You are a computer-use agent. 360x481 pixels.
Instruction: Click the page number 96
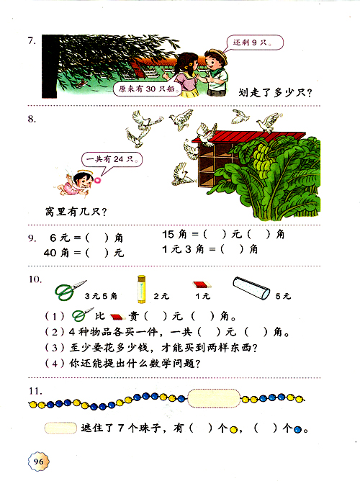coord(38,462)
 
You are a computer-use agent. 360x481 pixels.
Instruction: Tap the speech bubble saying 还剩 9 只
coord(254,42)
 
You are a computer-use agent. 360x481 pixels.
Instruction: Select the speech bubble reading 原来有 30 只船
coord(148,89)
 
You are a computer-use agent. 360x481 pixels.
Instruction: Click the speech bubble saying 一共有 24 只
coord(112,160)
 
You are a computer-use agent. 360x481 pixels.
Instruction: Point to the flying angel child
coord(76,182)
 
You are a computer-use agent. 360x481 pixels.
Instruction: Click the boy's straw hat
coord(217,55)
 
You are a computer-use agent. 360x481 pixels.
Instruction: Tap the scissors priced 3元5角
coord(70,290)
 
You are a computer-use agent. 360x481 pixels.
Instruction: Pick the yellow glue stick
coord(141,289)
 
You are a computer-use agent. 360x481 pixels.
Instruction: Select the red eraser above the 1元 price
coord(202,284)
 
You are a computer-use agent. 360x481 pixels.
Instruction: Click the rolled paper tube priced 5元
coord(251,288)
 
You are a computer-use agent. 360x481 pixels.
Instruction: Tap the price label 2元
coord(161,296)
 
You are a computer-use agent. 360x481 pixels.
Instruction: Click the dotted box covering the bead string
coord(214,398)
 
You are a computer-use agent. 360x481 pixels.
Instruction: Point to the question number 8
coord(32,119)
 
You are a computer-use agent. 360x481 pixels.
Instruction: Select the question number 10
coord(35,279)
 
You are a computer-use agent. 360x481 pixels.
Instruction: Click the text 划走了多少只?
coord(275,92)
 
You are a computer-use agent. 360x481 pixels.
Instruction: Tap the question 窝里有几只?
coord(76,212)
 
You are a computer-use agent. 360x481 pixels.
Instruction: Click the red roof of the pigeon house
coord(248,137)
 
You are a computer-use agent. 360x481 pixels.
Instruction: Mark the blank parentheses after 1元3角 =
coord(232,249)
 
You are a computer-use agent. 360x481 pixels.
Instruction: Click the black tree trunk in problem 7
coord(50,66)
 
